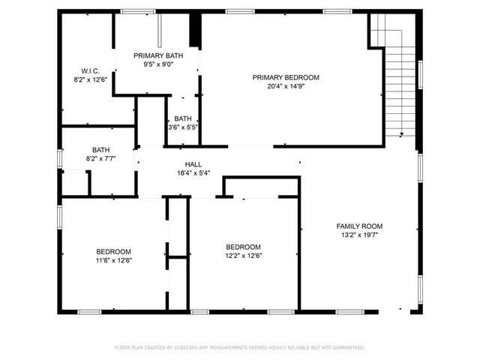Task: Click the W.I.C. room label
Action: (90, 70)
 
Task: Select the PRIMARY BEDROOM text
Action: (285, 77)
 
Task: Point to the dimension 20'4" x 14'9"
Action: (285, 85)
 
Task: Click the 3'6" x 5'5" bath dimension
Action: (183, 127)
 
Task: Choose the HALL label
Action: (193, 164)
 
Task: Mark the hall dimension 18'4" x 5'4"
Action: (193, 173)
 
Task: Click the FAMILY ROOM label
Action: (359, 226)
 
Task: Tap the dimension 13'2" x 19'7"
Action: (359, 235)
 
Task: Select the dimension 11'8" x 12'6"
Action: (113, 260)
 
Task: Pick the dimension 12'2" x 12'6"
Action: (244, 256)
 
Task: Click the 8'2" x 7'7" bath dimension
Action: (100, 158)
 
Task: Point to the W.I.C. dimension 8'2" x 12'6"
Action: (90, 79)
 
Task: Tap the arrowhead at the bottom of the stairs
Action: (402, 135)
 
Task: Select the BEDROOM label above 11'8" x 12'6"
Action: (113, 251)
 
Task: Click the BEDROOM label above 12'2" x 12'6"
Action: (244, 247)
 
